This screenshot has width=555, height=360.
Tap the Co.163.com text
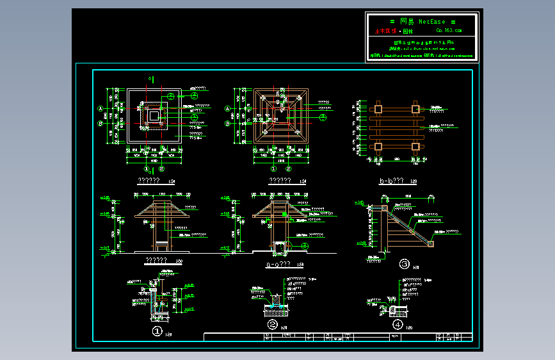tap(448, 30)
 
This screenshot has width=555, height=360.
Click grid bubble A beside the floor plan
tap(101, 108)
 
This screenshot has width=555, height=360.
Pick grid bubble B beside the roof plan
tap(227, 123)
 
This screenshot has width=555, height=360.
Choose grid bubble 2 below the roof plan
tap(288, 170)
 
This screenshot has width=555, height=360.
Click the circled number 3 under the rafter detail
tap(404, 263)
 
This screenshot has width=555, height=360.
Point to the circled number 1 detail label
tap(157, 331)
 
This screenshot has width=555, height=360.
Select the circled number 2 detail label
tap(272, 325)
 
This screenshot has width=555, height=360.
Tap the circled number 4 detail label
tap(398, 325)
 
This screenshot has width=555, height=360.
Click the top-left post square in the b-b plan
tap(378, 108)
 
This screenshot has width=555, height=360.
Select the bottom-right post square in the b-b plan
tap(415, 147)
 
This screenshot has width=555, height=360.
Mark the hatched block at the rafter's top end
tap(385, 206)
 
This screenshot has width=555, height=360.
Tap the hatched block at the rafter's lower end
tap(431, 243)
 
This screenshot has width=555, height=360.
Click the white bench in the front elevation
tap(161, 245)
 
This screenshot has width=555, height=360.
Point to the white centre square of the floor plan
tap(154, 115)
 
